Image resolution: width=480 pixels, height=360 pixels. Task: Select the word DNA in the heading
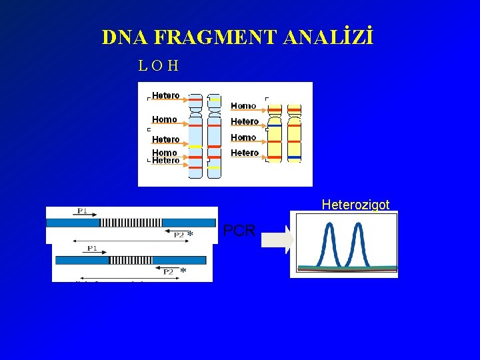124,37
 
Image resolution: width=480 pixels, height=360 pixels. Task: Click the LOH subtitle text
158,66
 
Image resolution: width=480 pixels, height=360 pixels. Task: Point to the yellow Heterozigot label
355,205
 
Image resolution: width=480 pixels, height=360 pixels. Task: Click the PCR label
239,231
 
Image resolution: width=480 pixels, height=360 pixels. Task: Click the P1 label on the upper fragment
81,211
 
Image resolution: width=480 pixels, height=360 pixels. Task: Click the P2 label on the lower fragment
168,271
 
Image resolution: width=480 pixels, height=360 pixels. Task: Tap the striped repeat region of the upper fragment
131,222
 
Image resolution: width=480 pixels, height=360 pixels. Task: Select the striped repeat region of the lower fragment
131,260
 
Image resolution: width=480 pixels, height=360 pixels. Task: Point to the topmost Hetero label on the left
165,95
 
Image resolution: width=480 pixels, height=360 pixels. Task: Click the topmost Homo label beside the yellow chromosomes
243,106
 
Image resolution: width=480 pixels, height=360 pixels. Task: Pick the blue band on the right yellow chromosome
294,157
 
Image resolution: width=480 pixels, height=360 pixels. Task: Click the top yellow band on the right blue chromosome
214,99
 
